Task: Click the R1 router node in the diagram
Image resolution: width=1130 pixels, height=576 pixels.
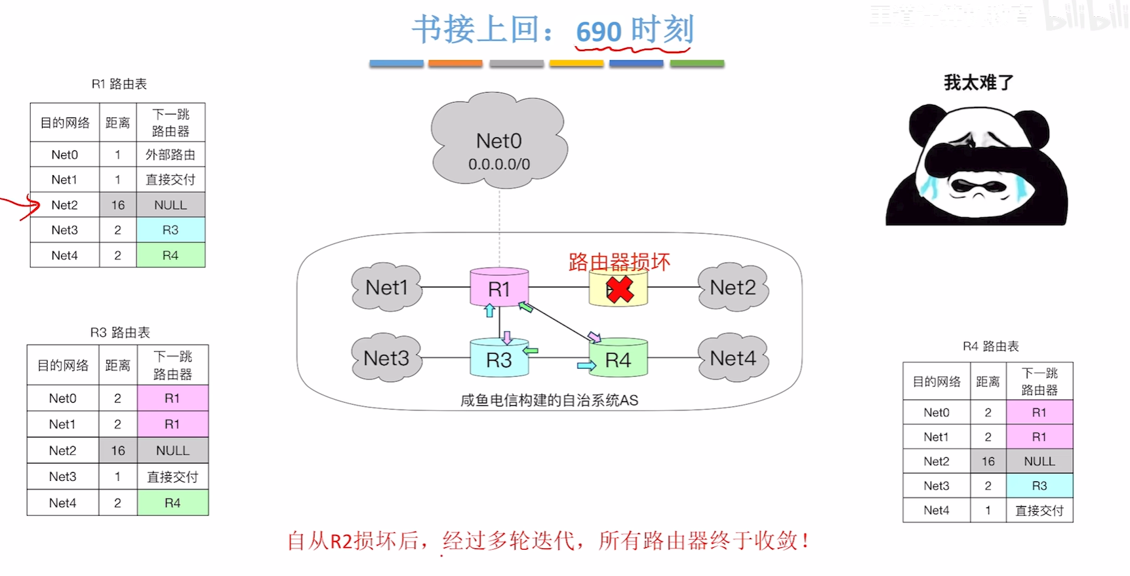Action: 499,288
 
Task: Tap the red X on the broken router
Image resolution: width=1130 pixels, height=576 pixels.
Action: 619,289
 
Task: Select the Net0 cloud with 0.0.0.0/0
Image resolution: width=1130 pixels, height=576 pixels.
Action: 499,140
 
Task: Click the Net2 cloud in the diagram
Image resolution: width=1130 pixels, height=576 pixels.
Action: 733,287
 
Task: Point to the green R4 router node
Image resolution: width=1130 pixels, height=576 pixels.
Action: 618,359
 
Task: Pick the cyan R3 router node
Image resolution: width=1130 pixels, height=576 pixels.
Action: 499,359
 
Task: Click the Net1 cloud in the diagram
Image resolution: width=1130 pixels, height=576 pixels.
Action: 386,287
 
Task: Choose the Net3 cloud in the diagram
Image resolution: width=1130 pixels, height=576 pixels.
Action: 386,358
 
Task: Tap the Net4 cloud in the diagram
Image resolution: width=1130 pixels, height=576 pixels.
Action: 733,358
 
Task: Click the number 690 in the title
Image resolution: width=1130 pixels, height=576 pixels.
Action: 598,31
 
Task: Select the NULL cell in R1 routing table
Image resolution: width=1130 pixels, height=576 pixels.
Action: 171,205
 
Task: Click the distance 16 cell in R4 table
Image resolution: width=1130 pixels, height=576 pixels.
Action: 988,461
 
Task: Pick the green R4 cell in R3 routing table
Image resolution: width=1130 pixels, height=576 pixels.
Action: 172,503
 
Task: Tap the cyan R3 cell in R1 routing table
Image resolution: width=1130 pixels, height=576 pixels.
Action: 171,230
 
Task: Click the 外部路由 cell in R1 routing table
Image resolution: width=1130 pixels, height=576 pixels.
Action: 171,155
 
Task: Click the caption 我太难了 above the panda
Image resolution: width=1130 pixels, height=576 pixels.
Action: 979,83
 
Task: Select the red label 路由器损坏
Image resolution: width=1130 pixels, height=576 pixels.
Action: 619,262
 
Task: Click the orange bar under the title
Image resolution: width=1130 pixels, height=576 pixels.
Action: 455,64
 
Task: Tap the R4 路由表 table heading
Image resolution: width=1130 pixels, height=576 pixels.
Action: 990,346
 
